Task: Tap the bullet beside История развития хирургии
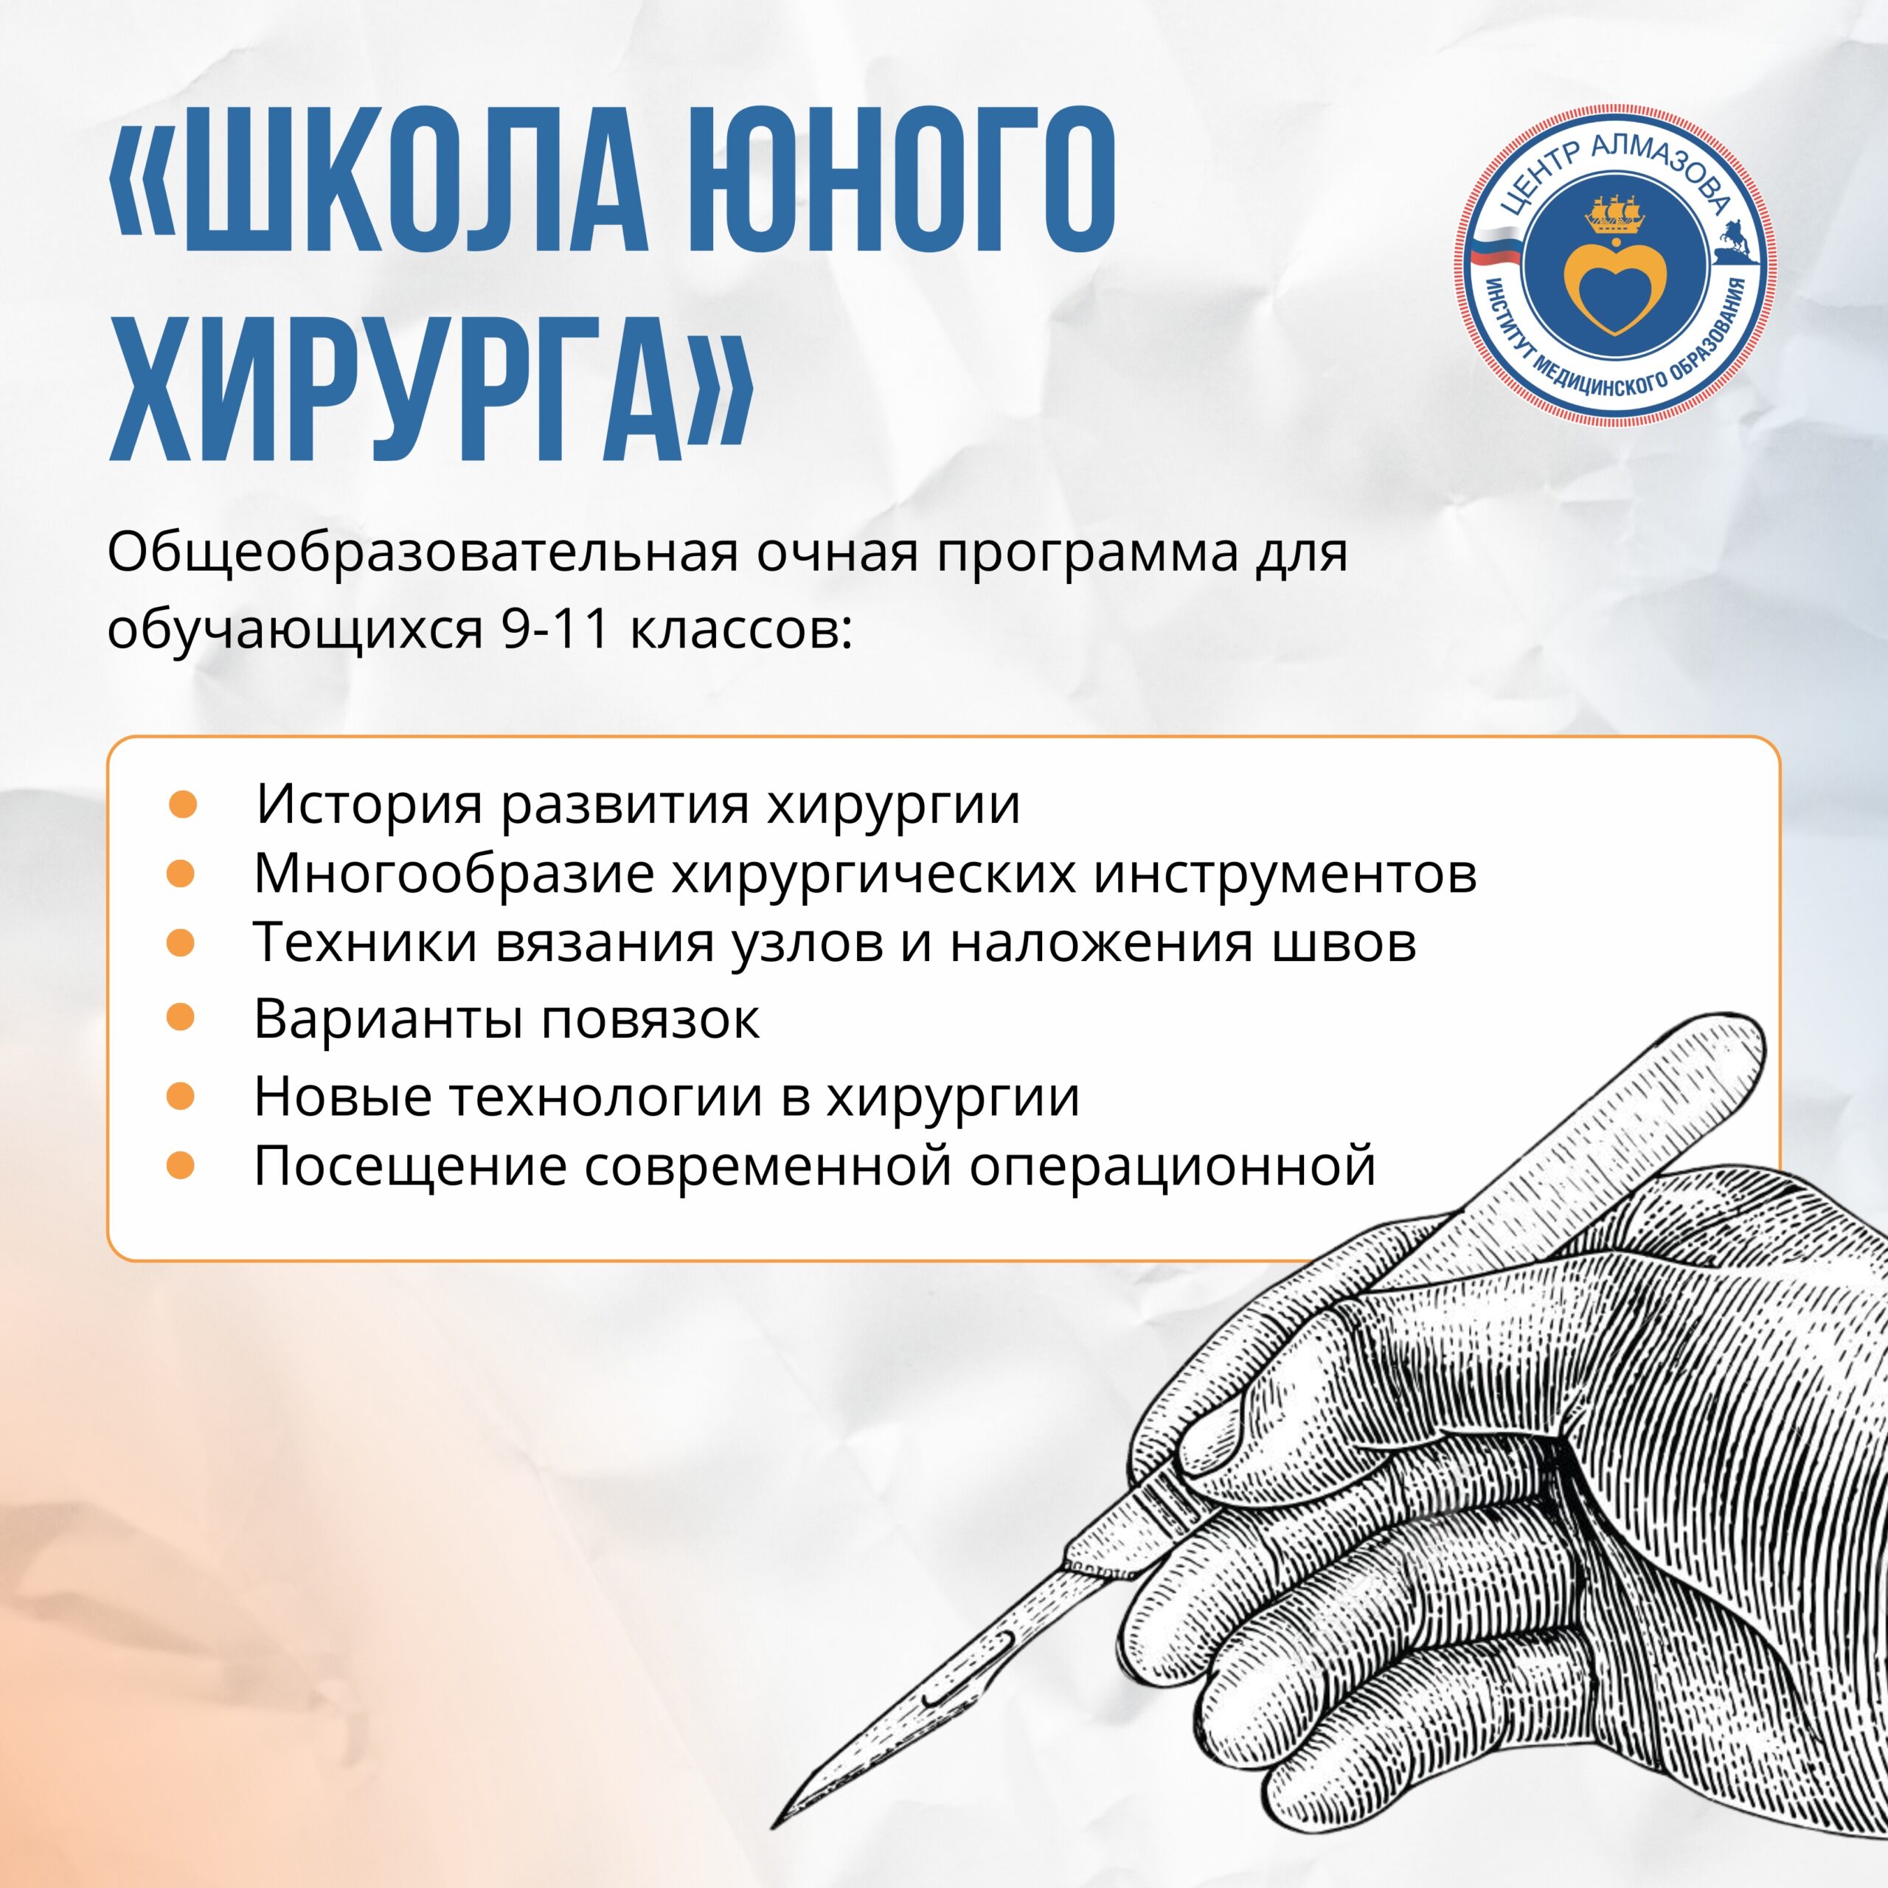[183, 805]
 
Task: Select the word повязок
[650, 1020]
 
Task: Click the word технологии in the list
[606, 1097]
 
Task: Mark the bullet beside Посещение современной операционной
[181, 1165]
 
